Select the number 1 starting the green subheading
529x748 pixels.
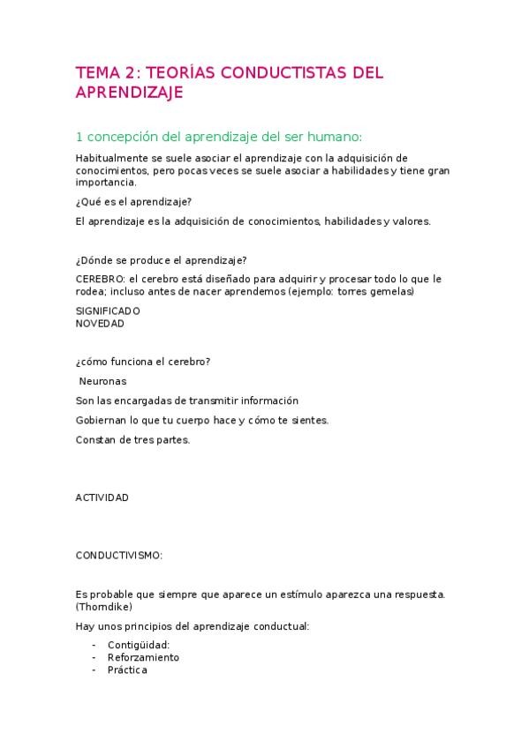[x=79, y=137]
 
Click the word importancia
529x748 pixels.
[x=106, y=183]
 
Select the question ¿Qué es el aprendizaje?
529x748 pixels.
[x=133, y=203]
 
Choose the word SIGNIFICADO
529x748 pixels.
[x=108, y=310]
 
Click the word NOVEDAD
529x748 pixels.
[x=100, y=323]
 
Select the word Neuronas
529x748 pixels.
[x=103, y=381]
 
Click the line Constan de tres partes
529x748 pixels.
[x=133, y=439]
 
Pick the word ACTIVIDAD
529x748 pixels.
[x=102, y=497]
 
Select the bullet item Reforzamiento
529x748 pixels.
[x=143, y=657]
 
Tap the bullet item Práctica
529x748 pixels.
[x=127, y=669]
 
